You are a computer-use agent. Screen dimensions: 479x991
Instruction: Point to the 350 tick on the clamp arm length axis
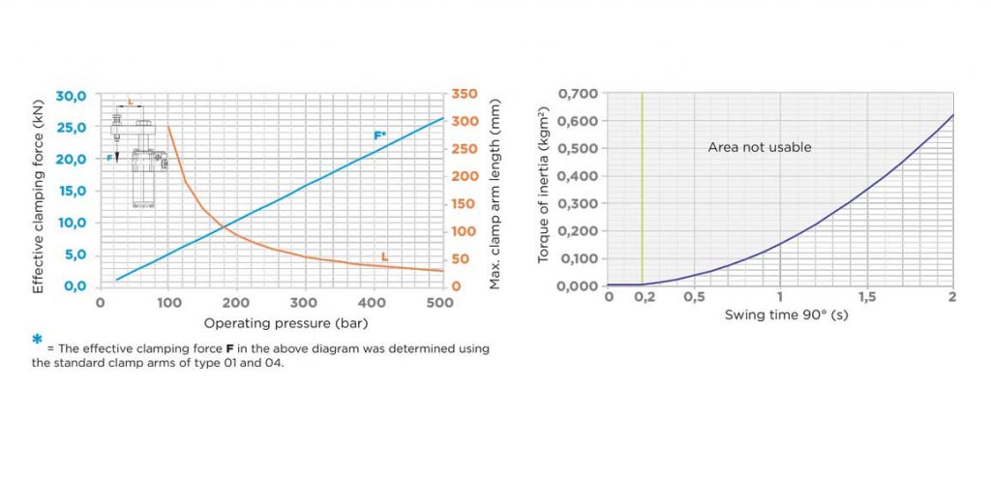click(465, 94)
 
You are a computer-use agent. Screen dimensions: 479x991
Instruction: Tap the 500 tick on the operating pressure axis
click(441, 303)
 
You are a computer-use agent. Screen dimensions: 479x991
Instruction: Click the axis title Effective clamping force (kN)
click(39, 191)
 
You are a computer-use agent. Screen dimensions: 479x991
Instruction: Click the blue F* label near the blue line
click(380, 135)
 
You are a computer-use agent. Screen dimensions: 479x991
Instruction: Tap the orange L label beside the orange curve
click(384, 257)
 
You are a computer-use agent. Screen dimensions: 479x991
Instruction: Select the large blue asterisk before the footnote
click(38, 340)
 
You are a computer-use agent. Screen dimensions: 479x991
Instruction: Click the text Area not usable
click(760, 147)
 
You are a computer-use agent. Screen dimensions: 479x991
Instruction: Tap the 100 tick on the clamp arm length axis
click(465, 231)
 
